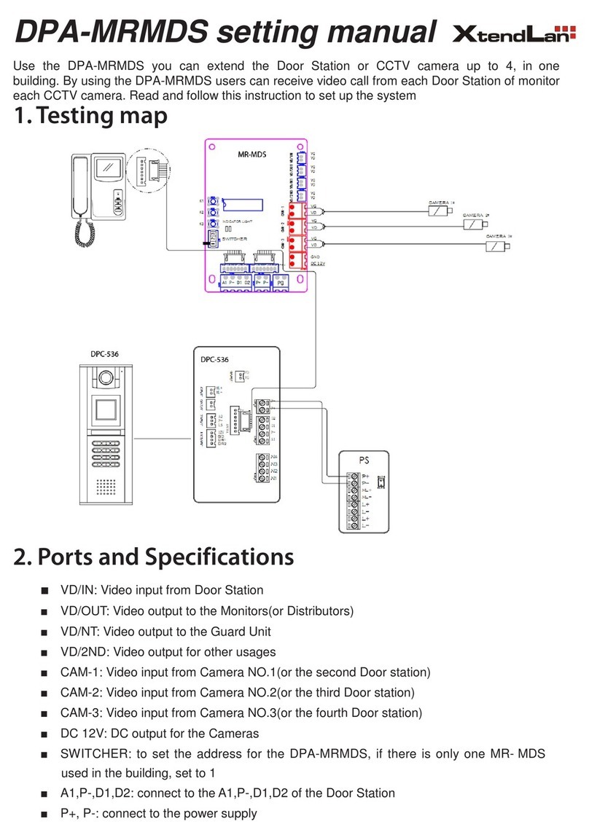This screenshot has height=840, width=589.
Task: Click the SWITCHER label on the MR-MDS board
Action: [235, 239]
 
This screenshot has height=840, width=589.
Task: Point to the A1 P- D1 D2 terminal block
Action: [233, 283]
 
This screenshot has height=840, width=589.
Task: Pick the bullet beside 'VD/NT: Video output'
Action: [45, 632]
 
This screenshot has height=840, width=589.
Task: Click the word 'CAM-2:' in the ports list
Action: [79, 693]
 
